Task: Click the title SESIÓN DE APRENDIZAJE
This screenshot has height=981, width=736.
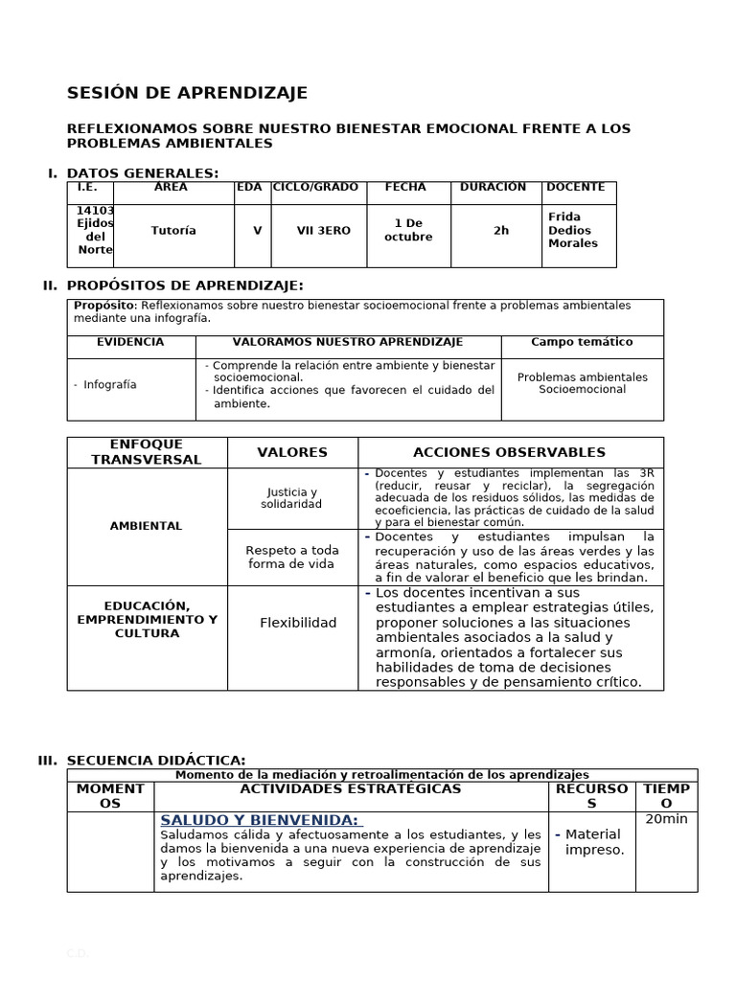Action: click(x=187, y=93)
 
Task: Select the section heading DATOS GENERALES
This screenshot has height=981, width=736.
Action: click(x=142, y=173)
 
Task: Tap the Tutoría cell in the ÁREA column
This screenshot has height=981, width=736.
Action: click(x=173, y=231)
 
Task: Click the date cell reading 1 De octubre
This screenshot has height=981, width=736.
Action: click(x=408, y=230)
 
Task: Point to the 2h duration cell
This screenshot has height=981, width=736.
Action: click(x=501, y=231)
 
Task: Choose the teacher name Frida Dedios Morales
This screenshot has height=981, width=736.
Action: click(x=573, y=230)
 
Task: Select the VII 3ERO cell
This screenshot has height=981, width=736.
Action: click(x=323, y=231)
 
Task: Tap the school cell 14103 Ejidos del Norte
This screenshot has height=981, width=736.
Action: click(x=95, y=230)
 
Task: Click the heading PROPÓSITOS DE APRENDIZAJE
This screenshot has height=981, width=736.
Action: click(x=185, y=285)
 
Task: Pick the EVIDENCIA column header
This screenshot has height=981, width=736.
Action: click(x=130, y=342)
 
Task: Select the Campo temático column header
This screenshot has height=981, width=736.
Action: click(x=582, y=342)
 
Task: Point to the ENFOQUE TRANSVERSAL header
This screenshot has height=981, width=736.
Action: click(x=147, y=452)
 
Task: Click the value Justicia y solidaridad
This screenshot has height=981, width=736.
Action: click(x=292, y=498)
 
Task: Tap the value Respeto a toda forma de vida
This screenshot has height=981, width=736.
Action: click(x=292, y=557)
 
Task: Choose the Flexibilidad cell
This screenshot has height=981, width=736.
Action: click(x=298, y=623)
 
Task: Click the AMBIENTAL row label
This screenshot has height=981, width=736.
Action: click(x=146, y=526)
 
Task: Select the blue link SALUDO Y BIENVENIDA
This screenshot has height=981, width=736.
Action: click(x=260, y=821)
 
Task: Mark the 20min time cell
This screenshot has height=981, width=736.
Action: click(x=666, y=819)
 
